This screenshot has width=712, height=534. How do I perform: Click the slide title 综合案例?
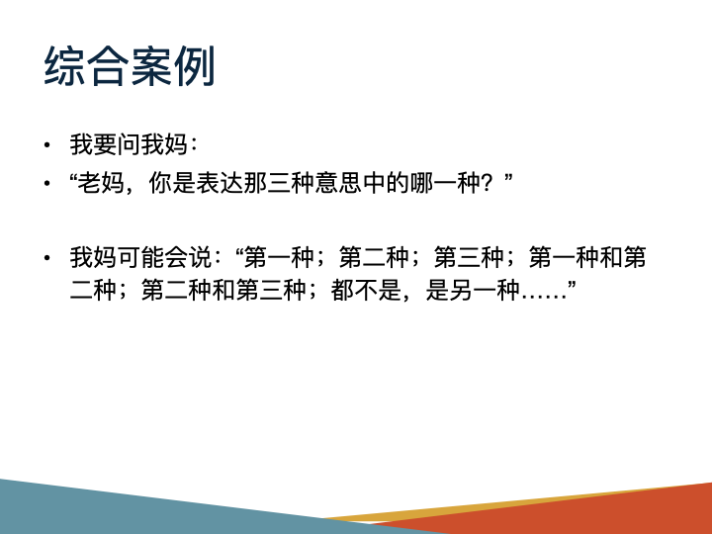click(130, 66)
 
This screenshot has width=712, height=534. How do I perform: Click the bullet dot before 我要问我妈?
click(46, 146)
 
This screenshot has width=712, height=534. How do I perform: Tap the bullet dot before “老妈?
click(46, 184)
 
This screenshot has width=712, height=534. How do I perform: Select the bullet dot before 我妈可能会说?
click(46, 259)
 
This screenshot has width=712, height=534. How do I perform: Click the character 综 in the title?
click(64, 66)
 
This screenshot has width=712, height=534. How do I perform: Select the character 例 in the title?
click(195, 66)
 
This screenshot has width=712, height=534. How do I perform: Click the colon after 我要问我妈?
click(195, 146)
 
